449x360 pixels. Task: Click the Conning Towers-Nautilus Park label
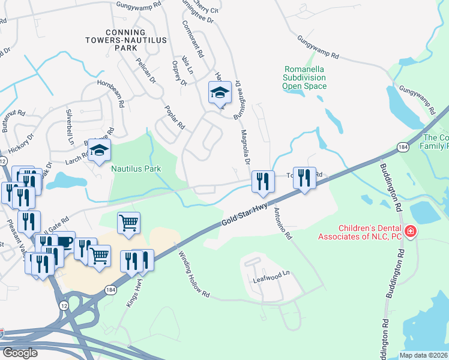125,40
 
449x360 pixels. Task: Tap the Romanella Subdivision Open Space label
305,77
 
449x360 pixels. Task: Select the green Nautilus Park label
136,169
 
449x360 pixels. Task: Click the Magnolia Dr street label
245,146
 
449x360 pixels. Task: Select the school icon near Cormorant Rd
220,93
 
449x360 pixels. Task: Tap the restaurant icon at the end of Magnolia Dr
263,181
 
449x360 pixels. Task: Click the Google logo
20,352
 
